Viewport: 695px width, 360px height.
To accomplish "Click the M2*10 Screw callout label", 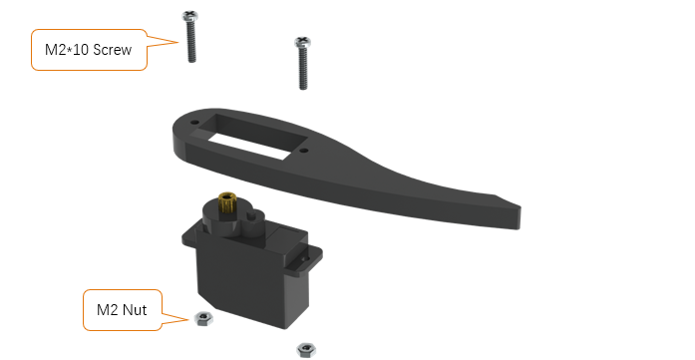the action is point(89,50).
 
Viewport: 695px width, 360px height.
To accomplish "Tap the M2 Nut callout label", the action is point(123,310).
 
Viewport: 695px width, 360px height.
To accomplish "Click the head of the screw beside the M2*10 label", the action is point(189,16).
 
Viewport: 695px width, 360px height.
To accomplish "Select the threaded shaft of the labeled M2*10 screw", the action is point(191,42).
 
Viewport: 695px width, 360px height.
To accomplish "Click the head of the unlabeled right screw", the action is point(302,43).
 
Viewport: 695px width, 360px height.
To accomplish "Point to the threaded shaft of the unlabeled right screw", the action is point(303,69).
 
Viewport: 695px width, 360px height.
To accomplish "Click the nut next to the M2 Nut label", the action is point(203,318).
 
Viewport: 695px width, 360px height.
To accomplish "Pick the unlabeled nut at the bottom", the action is point(306,350).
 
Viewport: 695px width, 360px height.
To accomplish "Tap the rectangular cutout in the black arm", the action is point(257,137).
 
